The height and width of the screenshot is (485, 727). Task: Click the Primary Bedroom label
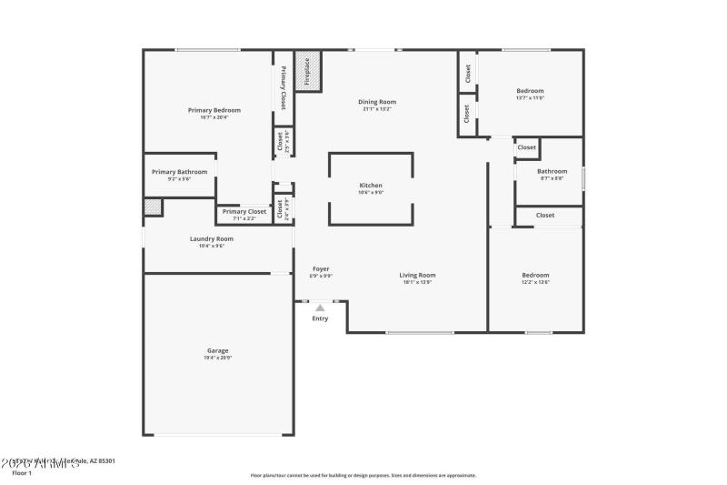[x=214, y=110]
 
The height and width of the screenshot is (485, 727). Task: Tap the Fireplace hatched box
[x=308, y=71]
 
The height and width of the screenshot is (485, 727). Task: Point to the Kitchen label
[x=371, y=186]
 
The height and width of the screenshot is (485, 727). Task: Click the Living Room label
[x=417, y=275]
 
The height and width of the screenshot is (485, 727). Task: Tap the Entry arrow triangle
[x=320, y=308]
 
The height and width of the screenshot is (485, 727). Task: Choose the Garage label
[x=217, y=350]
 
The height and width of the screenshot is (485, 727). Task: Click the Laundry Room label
[x=212, y=239]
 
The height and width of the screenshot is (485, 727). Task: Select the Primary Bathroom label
[x=179, y=172]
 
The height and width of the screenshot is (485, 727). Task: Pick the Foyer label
[x=321, y=268]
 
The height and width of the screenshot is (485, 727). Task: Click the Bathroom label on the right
[x=552, y=171]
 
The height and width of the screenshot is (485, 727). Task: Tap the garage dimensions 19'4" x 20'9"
[x=217, y=358]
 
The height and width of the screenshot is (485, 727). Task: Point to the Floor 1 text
[x=22, y=473]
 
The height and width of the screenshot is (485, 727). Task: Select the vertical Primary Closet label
[x=284, y=88]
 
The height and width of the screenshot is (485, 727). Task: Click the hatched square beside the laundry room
[x=153, y=207]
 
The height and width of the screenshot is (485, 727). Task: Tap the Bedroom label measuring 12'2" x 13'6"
[x=535, y=275]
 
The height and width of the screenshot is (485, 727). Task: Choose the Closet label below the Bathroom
[x=545, y=216]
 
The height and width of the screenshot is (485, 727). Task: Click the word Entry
[x=320, y=318]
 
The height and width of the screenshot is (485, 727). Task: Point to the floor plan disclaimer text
[x=363, y=475]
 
